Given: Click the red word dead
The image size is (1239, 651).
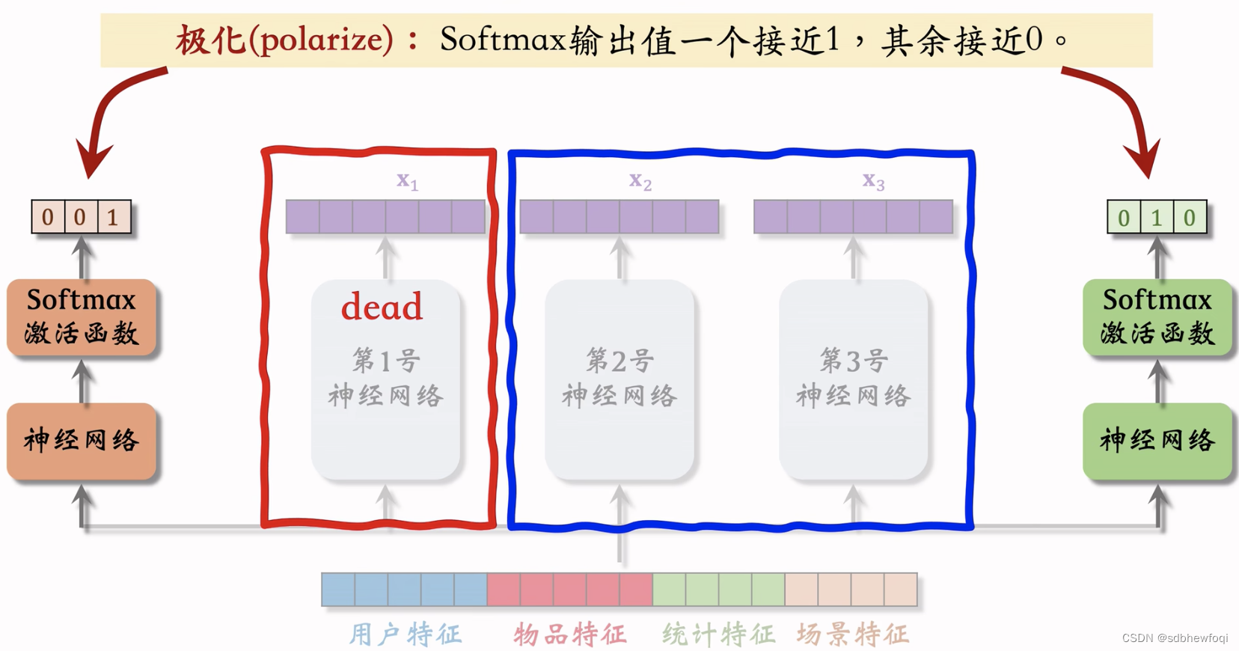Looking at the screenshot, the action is tap(382, 307).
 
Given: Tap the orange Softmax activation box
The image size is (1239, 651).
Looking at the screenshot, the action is tap(82, 317).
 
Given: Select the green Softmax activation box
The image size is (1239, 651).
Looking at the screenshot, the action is tap(1157, 317).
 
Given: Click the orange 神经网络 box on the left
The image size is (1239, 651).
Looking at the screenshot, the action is tap(82, 441).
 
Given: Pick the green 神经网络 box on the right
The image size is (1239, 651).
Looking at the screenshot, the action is tap(1157, 441).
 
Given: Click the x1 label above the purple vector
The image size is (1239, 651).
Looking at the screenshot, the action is tap(407, 180).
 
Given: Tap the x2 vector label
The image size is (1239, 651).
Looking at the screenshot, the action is tap(640, 180).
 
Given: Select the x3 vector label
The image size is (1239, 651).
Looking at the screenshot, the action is tap(873, 180).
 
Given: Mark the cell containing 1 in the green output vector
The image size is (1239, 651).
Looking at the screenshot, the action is tap(1157, 218).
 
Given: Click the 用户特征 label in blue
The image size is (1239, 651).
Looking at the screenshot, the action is tap(406, 635).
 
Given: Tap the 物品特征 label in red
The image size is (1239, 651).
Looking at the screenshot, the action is tap(569, 635).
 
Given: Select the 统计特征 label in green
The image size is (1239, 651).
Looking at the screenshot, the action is tap(718, 635).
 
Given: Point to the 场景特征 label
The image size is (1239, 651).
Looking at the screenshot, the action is tap(852, 635).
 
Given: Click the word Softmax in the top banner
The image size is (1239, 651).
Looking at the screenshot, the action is tap(502, 40).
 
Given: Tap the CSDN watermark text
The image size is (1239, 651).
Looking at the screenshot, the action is tap(1175, 638).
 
